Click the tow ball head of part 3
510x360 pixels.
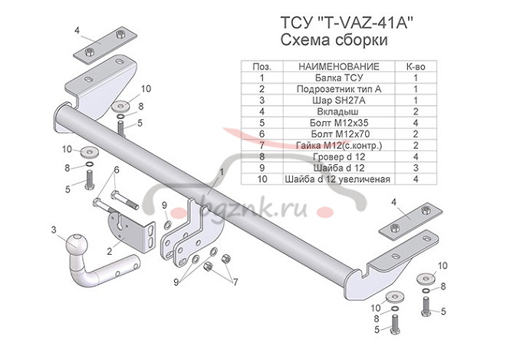point(77,243)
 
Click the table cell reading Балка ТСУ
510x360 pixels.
point(338,78)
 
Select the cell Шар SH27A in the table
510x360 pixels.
point(338,101)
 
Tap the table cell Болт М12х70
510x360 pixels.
point(338,134)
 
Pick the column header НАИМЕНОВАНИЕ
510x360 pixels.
point(338,67)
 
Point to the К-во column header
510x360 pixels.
point(416,67)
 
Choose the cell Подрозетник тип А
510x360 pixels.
point(338,89)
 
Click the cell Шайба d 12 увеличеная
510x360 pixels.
point(338,179)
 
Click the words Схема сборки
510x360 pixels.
point(334,40)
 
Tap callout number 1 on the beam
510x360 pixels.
point(222,171)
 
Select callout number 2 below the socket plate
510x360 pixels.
point(110,251)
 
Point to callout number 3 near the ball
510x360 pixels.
point(54,230)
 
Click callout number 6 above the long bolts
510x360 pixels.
point(117,170)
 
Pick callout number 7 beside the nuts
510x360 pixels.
point(235,282)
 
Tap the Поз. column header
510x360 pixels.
point(262,67)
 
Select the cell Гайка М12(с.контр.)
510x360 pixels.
point(338,145)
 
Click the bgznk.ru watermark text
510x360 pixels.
point(252,208)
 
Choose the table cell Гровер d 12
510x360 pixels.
point(338,157)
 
